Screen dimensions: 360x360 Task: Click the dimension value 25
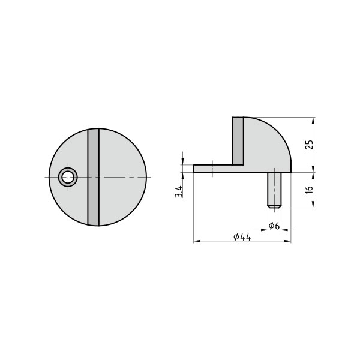point(308,145)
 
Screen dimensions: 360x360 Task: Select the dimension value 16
point(308,189)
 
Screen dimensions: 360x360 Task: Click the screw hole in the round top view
point(68,176)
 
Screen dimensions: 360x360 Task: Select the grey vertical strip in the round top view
point(93,177)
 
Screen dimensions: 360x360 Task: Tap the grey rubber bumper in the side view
point(238,140)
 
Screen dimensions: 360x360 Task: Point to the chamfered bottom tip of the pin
point(274,206)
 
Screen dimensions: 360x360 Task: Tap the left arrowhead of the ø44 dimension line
point(196,242)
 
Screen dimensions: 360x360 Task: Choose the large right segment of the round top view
point(123,177)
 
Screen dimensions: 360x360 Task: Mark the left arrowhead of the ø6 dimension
point(265,230)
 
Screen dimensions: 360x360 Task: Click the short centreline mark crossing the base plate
point(213,169)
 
